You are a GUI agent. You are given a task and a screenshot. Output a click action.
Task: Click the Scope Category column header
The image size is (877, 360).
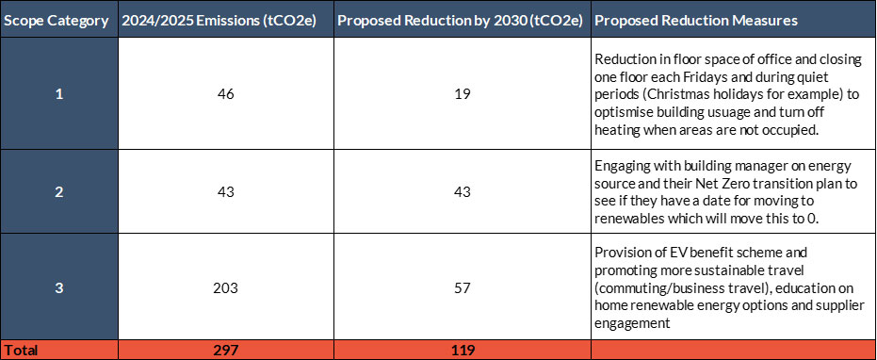point(57,22)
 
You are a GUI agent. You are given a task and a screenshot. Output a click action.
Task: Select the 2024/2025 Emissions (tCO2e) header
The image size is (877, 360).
point(219,22)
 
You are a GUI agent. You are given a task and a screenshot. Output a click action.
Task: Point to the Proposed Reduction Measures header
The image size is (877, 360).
point(696,22)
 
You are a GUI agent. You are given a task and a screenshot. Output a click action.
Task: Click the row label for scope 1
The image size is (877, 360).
point(59,93)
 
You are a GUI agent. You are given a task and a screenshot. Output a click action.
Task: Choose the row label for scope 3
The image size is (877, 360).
point(59,288)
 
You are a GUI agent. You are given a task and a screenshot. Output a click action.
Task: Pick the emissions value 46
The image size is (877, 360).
point(226,93)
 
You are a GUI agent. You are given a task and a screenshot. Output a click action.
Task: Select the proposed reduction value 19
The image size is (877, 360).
point(463,93)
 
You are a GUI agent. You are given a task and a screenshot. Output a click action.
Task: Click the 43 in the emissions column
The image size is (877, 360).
point(226,191)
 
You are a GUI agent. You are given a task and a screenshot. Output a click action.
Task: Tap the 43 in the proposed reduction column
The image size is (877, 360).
point(463,191)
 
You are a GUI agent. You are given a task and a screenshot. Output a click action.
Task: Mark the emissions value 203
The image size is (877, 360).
point(226,288)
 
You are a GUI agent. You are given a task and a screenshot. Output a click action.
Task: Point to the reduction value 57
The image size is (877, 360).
point(463,288)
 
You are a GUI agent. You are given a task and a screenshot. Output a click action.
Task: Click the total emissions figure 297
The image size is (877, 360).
point(226,351)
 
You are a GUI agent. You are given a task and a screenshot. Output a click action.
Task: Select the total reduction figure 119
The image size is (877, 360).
point(463,351)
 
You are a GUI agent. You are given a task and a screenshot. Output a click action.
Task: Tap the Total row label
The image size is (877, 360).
point(21,351)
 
